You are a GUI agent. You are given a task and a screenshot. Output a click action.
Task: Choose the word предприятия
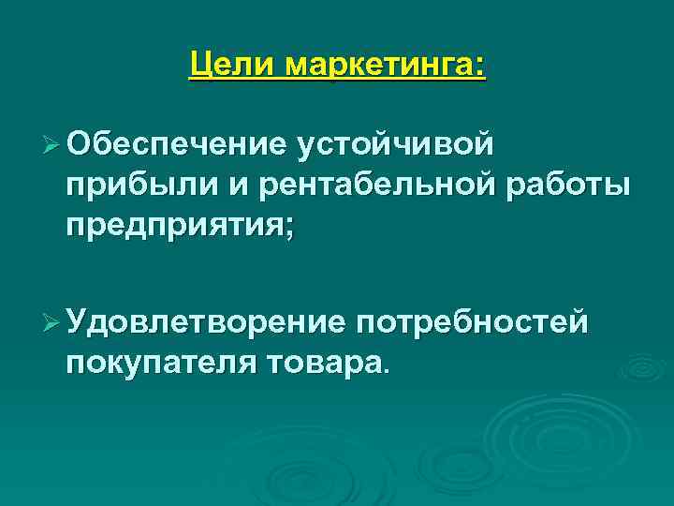174,227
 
